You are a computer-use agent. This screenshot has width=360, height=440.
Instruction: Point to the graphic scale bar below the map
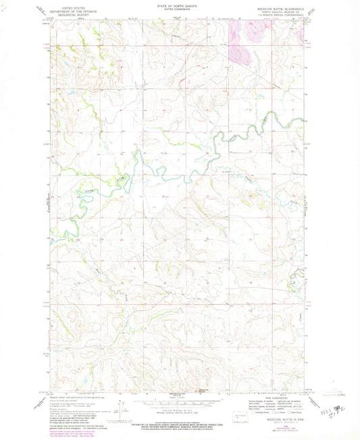click(x=180, y=403)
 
